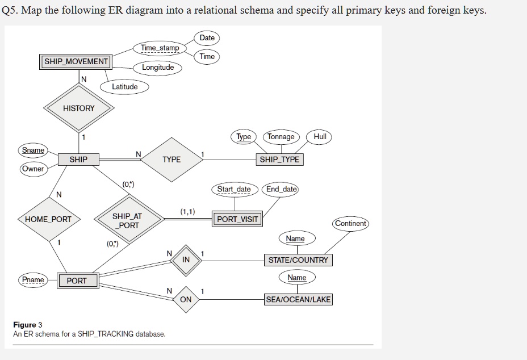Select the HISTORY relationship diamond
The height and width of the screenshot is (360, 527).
tap(79, 108)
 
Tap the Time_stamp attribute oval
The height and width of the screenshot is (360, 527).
tap(160, 48)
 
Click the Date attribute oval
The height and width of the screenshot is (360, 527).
tap(207, 37)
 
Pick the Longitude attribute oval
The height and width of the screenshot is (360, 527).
tap(158, 68)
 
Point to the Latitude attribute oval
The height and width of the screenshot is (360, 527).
tap(124, 87)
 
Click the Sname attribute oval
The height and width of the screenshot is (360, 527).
tap(33, 150)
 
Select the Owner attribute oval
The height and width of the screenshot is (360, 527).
tap(33, 169)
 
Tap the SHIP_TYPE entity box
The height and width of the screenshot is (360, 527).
tap(279, 160)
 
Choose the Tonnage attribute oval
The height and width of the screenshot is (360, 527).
tap(281, 136)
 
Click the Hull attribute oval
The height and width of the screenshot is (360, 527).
tap(319, 136)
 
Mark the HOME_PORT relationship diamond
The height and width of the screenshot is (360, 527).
tap(49, 219)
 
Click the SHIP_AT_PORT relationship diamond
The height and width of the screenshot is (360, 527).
tap(127, 221)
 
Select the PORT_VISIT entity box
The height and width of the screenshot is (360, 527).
tap(238, 219)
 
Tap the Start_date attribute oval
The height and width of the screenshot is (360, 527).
tap(234, 189)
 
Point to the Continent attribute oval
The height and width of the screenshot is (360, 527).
tap(350, 223)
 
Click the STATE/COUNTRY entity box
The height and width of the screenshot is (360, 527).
tap(298, 260)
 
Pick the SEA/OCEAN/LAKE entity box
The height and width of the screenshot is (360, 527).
tap(298, 299)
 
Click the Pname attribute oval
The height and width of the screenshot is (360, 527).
tap(33, 280)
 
